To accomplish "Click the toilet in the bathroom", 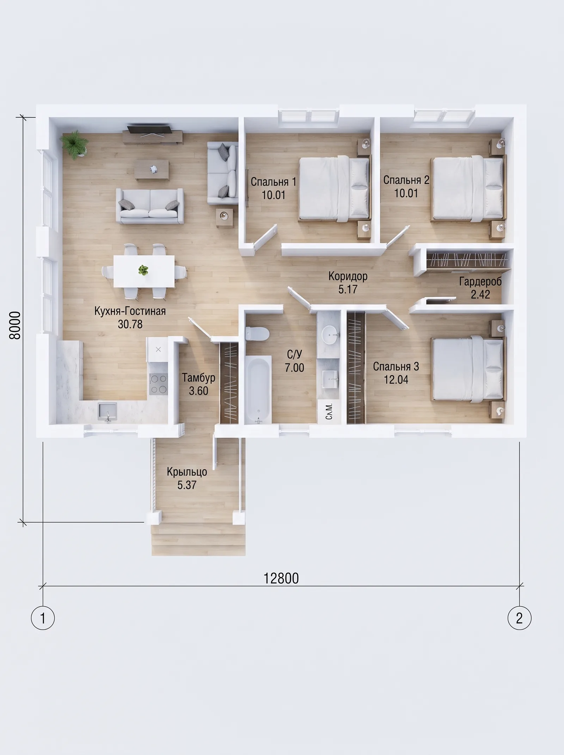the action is point(257,333).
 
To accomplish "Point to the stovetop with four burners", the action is point(159,384).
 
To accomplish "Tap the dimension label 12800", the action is point(281,578).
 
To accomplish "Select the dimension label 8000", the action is point(15,325).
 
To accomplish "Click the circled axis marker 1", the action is point(43,618).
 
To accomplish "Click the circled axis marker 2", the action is point(519,618).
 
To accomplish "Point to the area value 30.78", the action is point(130,324).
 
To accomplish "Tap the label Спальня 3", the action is point(396,367).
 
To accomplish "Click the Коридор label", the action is point(348,276).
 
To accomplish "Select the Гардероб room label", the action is point(480,281).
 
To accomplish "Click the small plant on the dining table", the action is point(143,270).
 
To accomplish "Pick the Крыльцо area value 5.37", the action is point(187,485).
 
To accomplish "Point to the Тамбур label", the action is point(198,378).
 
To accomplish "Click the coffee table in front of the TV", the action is point(152,169).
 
